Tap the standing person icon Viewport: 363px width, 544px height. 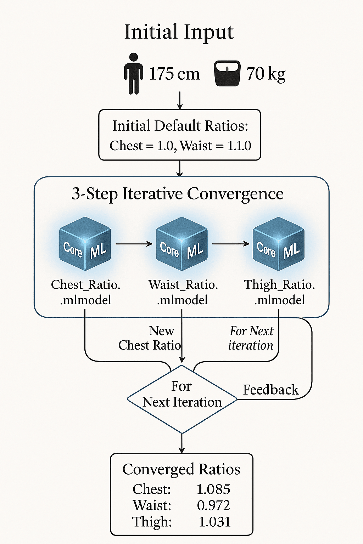tap(134, 74)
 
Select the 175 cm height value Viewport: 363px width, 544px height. tap(174, 74)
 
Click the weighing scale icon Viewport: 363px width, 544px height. tap(227, 73)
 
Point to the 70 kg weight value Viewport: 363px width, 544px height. tap(266, 74)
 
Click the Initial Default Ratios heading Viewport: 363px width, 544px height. tap(180, 126)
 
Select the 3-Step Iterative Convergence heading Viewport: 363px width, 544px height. tap(178, 194)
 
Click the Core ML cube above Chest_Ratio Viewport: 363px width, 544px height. tap(85, 244)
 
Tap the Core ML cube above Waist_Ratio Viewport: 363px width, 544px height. tap(181, 244)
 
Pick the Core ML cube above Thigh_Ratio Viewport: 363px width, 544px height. tap(278, 244)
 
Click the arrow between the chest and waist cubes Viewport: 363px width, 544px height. tap(134, 244)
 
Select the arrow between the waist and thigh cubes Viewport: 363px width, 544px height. tap(231, 244)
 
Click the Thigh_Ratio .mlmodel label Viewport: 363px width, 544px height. tap(279, 292)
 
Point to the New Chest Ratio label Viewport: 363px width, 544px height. tap(150, 338)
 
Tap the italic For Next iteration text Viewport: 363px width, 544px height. tap(251, 338)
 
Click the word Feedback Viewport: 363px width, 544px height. tap(271, 390)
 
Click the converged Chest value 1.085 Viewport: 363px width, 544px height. tap(213, 489)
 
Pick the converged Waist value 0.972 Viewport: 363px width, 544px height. tap(213, 505)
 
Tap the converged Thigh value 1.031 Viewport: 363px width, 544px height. tap(214, 522)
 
